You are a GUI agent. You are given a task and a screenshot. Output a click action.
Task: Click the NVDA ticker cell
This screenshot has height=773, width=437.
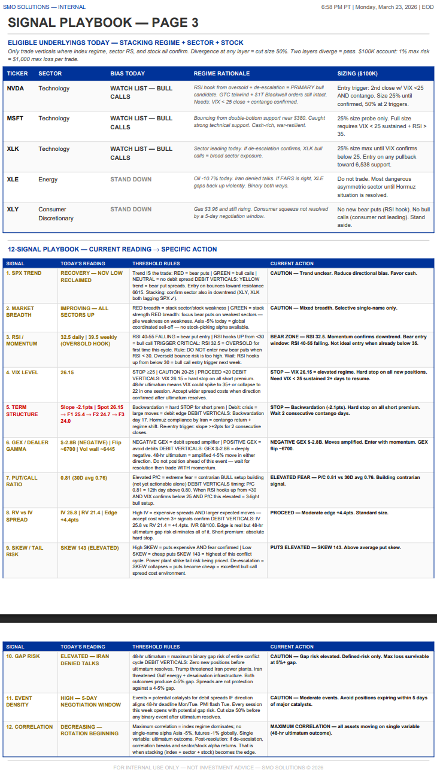[x=15, y=89]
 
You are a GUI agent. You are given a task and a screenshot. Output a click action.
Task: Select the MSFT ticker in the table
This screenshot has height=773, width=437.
[x=15, y=119]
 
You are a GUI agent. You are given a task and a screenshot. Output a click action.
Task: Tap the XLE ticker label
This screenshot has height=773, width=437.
[x=13, y=179]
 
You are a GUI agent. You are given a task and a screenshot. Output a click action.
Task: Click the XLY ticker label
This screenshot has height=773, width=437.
[x=13, y=209]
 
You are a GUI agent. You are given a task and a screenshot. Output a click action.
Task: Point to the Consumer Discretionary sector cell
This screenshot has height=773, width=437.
[x=56, y=214]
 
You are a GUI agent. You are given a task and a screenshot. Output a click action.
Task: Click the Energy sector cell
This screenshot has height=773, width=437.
[x=48, y=179]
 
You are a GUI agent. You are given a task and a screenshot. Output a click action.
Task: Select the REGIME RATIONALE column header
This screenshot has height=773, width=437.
[x=221, y=74]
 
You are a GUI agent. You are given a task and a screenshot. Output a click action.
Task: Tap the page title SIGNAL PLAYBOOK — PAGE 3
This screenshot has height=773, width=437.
[x=103, y=23]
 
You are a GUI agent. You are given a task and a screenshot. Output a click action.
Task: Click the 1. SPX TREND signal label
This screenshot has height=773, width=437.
[x=24, y=273]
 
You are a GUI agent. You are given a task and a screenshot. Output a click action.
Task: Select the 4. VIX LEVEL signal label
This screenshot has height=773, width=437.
[x=22, y=372]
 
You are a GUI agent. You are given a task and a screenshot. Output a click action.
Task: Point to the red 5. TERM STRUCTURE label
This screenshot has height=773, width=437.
[x=22, y=411]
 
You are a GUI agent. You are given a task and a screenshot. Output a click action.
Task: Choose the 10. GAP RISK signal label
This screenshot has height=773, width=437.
[x=23, y=656]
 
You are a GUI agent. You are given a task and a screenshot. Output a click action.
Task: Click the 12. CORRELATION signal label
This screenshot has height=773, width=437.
[x=29, y=727]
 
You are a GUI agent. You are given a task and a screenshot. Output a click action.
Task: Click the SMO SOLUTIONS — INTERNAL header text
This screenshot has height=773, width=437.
[x=44, y=7]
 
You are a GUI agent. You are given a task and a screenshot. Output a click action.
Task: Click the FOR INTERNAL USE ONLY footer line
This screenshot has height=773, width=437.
[x=218, y=768]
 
